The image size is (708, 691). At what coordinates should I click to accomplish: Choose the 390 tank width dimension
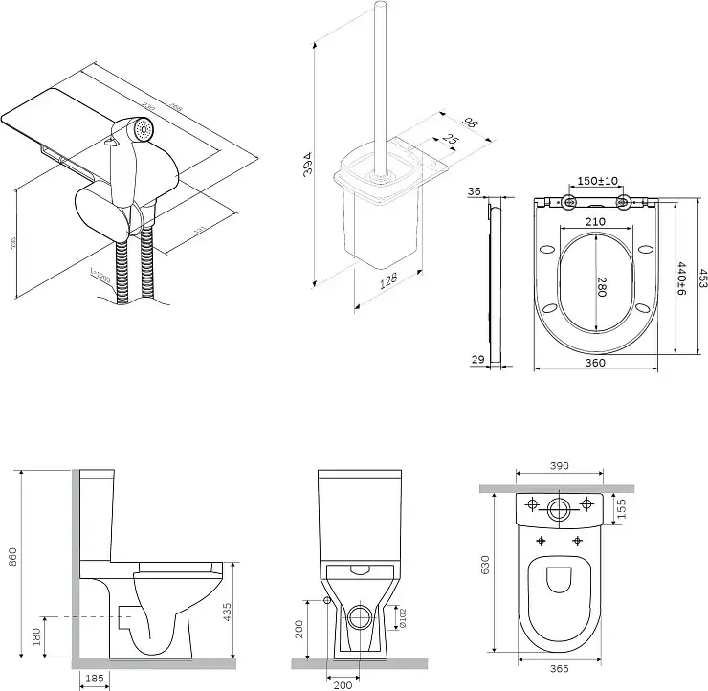tap(560, 465)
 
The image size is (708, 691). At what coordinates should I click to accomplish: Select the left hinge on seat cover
tap(569, 202)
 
